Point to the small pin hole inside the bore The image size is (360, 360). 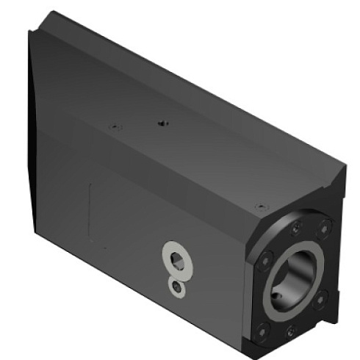click(x=277, y=296)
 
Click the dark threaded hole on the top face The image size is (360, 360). click(x=162, y=123)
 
